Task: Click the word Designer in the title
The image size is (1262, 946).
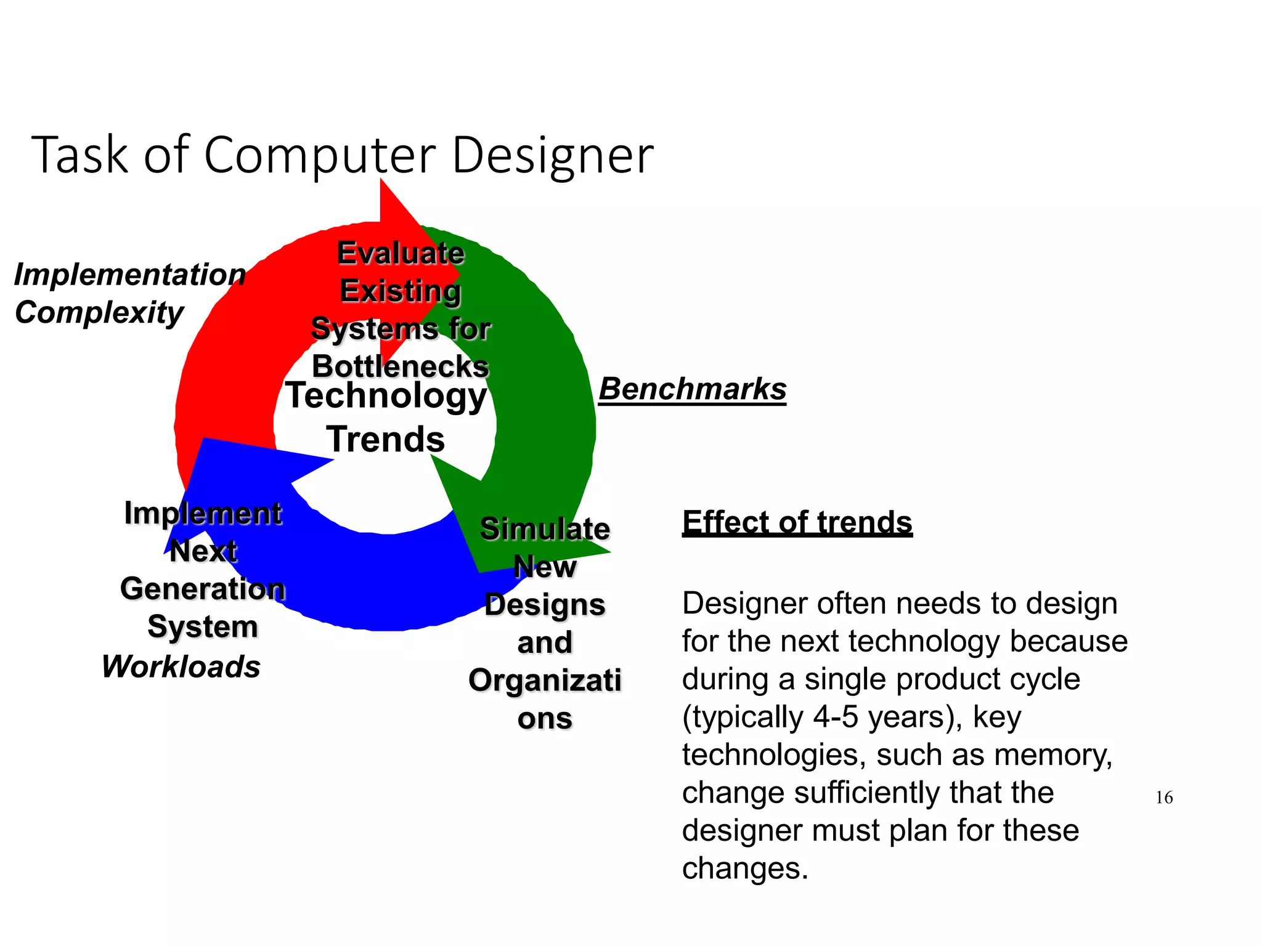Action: [552, 155]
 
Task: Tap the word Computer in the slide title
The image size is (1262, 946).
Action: [320, 155]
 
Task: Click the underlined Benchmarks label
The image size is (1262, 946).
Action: [693, 389]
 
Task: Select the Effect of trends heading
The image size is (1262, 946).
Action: [797, 522]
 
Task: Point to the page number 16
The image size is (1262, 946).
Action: [1164, 798]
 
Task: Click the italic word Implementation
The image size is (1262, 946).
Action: [130, 275]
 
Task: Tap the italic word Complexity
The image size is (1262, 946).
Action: [99, 313]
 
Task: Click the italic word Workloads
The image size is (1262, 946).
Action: [181, 667]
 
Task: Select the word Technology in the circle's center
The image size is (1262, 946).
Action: [386, 395]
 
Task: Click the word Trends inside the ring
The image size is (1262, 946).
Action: [386, 440]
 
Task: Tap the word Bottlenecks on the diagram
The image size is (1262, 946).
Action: [401, 366]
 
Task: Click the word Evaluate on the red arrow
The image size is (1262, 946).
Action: [401, 253]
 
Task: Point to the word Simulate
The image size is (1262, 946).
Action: [545, 529]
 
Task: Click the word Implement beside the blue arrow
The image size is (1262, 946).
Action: [203, 513]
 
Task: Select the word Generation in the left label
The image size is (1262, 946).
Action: [203, 589]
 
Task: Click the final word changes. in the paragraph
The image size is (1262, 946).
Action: [744, 868]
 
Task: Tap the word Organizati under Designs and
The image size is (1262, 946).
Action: [545, 681]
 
